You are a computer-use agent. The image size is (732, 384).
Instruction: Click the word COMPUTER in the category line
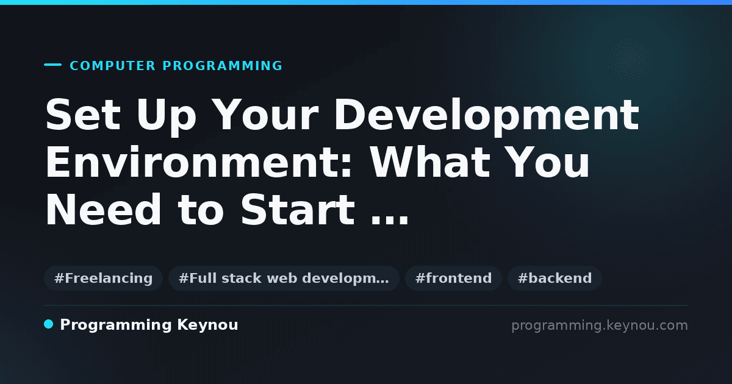[112, 66]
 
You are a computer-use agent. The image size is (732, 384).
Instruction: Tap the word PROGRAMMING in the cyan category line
[222, 66]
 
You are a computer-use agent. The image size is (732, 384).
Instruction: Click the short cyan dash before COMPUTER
[52, 65]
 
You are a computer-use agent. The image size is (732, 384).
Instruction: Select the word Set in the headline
[83, 115]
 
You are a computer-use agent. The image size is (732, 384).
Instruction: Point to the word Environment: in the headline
[199, 162]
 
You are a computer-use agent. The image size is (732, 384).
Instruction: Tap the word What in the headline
[430, 162]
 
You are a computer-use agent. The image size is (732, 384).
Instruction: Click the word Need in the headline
[103, 209]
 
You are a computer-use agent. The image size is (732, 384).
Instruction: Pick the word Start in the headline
[298, 209]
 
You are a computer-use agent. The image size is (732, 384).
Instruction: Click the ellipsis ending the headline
[390, 221]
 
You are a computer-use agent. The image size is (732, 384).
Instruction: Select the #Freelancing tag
[103, 278]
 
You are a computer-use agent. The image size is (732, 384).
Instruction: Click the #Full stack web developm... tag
[284, 278]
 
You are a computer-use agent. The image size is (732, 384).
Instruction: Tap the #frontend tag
[453, 278]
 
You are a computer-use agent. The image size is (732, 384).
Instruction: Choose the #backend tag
[554, 278]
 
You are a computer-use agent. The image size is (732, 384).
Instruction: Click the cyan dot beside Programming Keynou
[48, 324]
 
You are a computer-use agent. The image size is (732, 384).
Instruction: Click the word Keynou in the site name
[207, 325]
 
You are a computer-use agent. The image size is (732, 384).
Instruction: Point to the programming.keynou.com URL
[600, 325]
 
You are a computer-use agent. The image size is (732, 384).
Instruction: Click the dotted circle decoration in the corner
[630, 60]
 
